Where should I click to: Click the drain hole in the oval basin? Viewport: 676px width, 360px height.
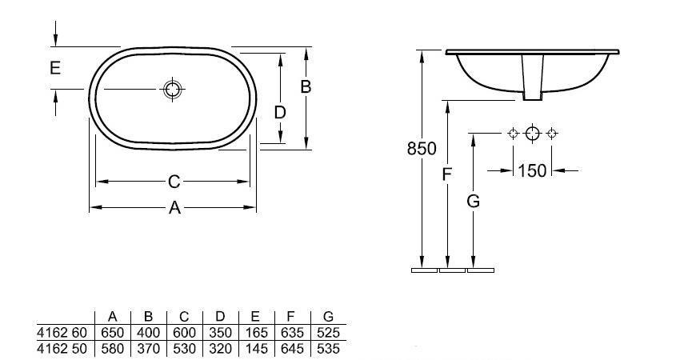173,89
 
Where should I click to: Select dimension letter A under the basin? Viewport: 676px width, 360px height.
174,209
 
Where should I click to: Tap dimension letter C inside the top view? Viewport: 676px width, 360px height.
174,182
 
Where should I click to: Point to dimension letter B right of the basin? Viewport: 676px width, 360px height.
306,87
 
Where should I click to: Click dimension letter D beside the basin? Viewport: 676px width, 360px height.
280,113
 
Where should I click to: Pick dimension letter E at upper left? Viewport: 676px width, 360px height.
54,69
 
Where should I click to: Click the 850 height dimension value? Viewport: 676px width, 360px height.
422,148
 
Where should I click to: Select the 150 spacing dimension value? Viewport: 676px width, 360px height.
532,170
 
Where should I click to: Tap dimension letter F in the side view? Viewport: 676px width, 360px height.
447,174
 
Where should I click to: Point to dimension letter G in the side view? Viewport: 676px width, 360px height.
474,202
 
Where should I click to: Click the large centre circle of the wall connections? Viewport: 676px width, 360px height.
533,133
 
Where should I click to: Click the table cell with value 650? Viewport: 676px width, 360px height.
112,332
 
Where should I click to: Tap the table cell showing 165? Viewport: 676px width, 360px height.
258,332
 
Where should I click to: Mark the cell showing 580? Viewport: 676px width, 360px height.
112,348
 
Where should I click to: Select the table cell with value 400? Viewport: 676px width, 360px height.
148,332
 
